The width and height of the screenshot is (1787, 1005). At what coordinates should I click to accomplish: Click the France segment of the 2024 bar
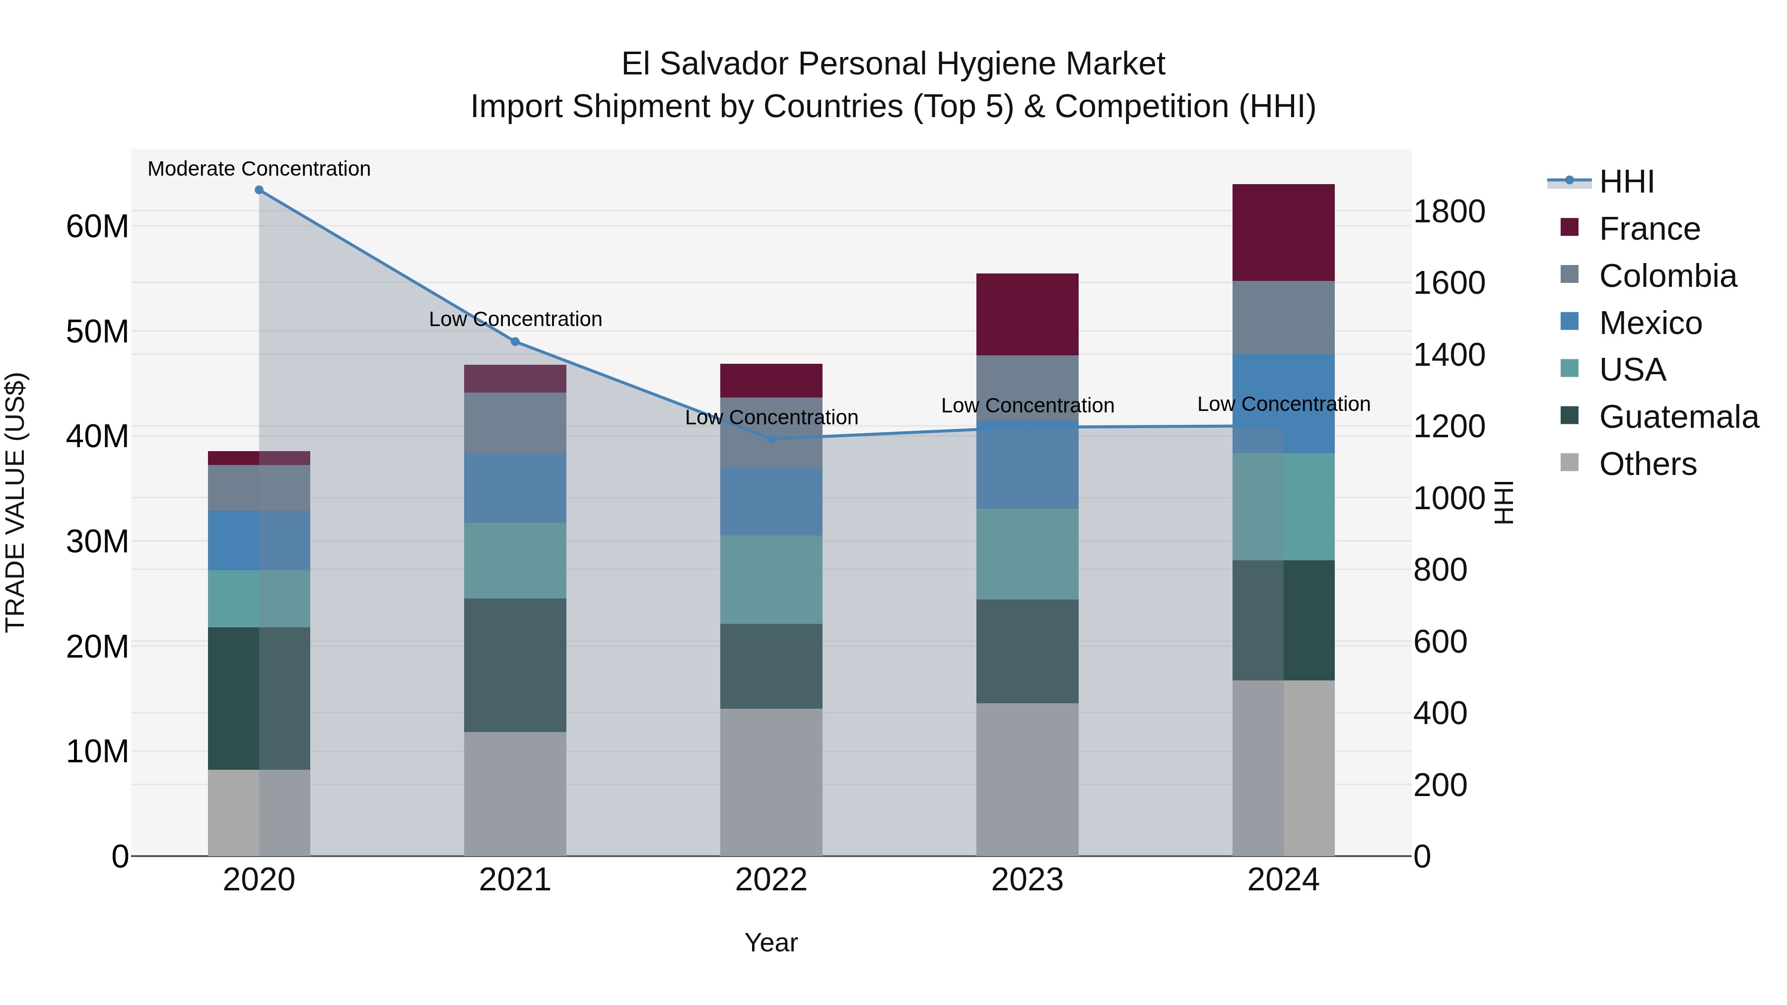(1283, 232)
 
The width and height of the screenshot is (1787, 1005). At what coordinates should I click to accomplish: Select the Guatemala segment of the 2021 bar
(515, 665)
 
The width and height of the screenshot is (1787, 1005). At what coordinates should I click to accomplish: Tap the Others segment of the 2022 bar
(771, 782)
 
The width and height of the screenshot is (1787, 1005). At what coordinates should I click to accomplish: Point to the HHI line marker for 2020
(259, 190)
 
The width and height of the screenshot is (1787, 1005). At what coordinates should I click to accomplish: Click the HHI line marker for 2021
(515, 342)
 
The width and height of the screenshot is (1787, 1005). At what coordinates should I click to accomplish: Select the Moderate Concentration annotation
(259, 169)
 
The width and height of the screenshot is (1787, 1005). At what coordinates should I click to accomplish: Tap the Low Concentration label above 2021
(515, 319)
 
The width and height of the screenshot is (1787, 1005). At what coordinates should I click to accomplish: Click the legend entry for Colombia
(1667, 276)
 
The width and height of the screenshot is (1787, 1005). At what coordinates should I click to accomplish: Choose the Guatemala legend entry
(1678, 417)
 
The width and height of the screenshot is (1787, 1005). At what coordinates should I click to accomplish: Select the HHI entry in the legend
(1626, 182)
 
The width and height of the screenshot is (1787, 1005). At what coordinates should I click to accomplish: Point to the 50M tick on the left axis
(97, 332)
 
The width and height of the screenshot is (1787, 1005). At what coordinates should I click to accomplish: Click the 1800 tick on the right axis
(1449, 211)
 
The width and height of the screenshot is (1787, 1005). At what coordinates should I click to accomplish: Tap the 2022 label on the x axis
(771, 880)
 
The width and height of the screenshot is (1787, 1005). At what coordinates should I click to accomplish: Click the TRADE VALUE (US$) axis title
(15, 502)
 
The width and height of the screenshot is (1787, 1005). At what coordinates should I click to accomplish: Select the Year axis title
(771, 942)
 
